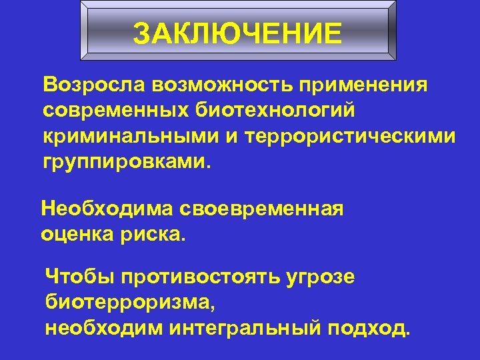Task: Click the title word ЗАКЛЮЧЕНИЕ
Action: (237, 33)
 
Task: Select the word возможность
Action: (221, 85)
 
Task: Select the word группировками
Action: (124, 161)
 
